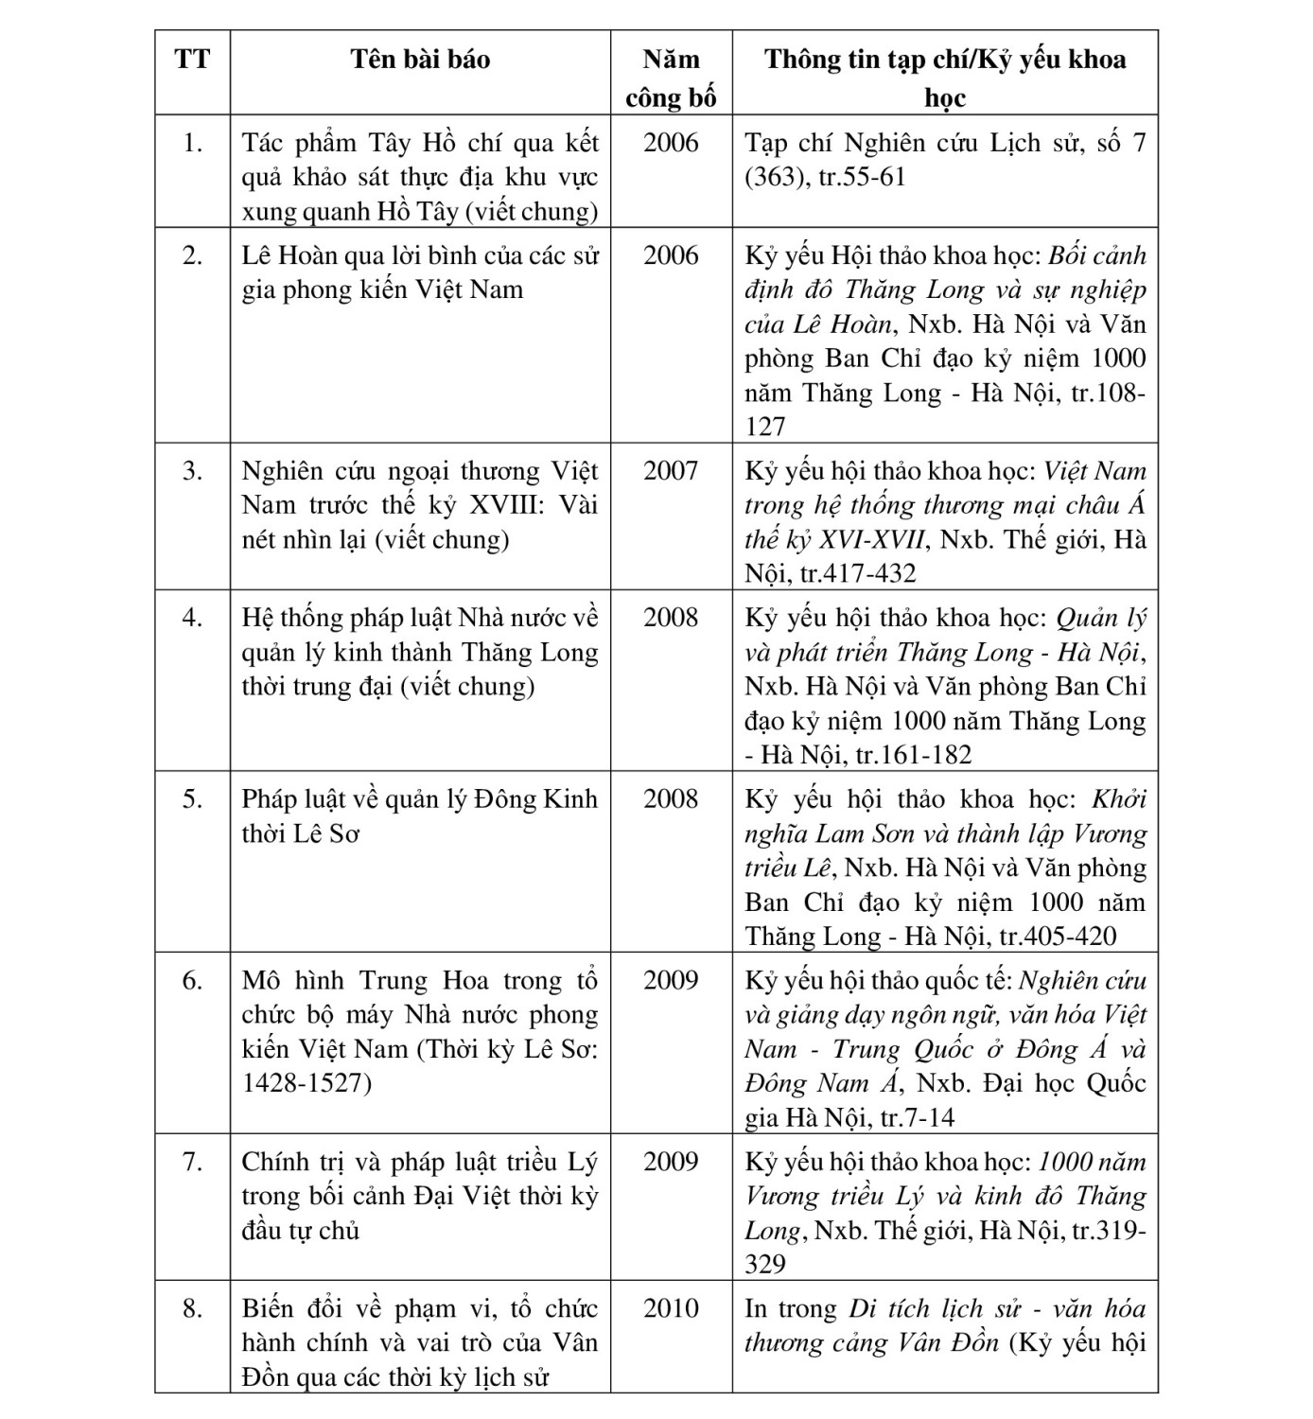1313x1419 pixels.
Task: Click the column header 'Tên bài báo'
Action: [420, 60]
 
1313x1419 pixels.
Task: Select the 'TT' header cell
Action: [192, 60]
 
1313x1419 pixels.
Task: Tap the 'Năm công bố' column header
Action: [671, 78]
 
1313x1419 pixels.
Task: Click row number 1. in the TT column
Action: [192, 143]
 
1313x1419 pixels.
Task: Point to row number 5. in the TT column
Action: [192, 799]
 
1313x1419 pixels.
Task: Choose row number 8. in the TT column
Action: [192, 1308]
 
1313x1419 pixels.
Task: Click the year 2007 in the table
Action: [671, 470]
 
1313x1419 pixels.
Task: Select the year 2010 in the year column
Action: [671, 1308]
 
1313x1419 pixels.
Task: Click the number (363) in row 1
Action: [777, 177]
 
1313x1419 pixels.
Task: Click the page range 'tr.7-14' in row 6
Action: [917, 1118]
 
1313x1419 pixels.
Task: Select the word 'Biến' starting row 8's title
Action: [268, 1308]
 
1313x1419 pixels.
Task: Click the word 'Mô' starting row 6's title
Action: [261, 981]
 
